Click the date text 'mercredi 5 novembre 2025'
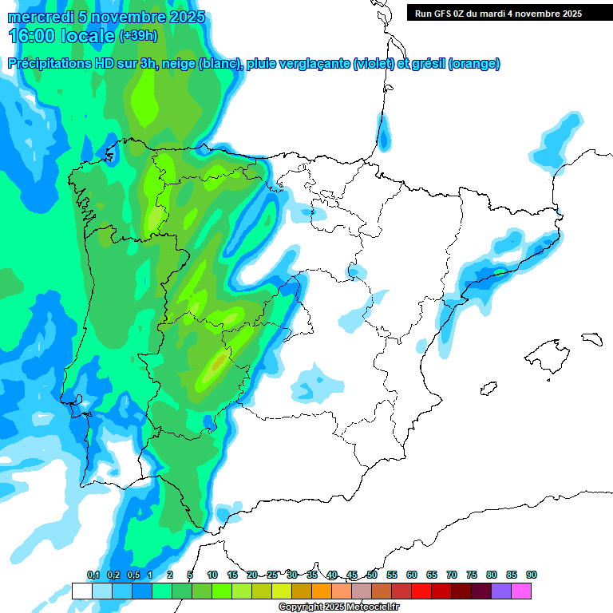(x=106, y=17)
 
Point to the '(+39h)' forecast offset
(x=138, y=36)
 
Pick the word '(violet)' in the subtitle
(x=373, y=64)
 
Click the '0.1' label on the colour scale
(x=93, y=575)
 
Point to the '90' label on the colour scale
(x=532, y=575)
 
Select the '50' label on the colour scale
(x=372, y=575)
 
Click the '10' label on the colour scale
(x=212, y=575)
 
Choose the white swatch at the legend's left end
(x=81, y=591)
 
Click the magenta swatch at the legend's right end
(x=521, y=591)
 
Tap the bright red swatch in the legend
(x=421, y=591)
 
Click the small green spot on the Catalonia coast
(x=499, y=272)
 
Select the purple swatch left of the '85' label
(x=501, y=591)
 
